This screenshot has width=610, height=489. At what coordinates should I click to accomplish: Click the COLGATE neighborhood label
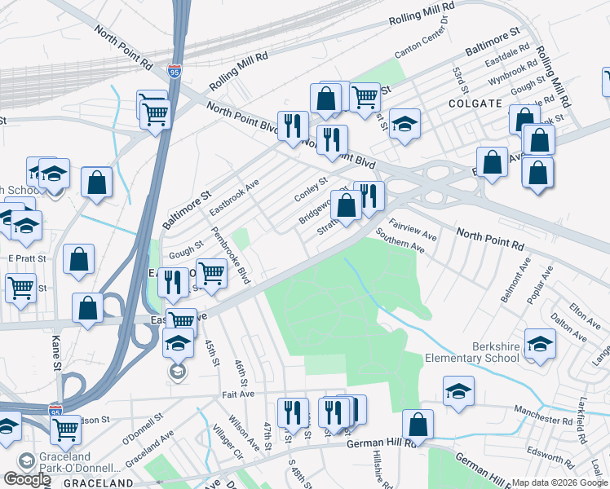coord(475,104)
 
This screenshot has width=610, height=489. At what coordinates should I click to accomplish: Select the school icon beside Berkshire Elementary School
coord(540,345)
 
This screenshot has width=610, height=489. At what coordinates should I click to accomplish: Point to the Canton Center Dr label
coord(422,37)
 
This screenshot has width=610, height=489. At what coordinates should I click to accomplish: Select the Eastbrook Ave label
coord(233,196)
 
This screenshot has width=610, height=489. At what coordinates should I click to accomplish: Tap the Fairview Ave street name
coord(413,229)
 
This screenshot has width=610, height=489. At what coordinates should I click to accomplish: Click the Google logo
coord(27,478)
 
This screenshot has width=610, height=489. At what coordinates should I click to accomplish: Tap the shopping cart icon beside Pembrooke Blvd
coord(211,273)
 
